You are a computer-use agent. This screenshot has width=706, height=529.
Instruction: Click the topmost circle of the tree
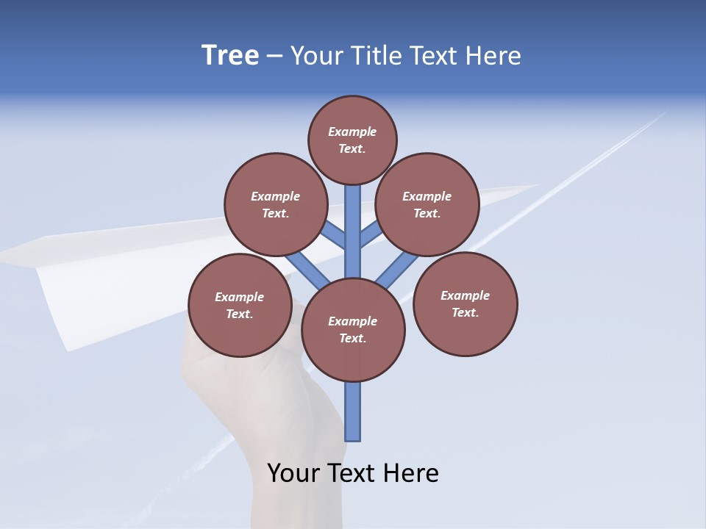point(352,140)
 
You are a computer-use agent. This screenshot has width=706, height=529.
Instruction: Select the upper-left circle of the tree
point(275,204)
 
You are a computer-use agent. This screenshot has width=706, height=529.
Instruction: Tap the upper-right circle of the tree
point(427,204)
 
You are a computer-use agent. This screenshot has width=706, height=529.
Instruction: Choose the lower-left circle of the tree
point(240,305)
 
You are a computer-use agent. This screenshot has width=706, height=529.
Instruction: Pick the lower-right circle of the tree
point(465,303)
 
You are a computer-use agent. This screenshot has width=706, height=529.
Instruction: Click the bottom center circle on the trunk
point(353,329)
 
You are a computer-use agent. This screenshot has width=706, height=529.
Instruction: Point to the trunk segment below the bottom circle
point(353,411)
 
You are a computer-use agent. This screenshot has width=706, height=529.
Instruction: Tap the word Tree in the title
point(230,55)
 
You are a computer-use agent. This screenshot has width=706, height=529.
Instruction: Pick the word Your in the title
point(317,55)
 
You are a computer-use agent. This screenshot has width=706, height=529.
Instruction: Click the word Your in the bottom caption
point(294,473)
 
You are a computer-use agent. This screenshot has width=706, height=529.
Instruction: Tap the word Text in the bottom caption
point(354,473)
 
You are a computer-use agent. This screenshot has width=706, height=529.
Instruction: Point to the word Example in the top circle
point(352,132)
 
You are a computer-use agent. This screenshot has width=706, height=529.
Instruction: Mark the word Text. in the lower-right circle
point(465,312)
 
